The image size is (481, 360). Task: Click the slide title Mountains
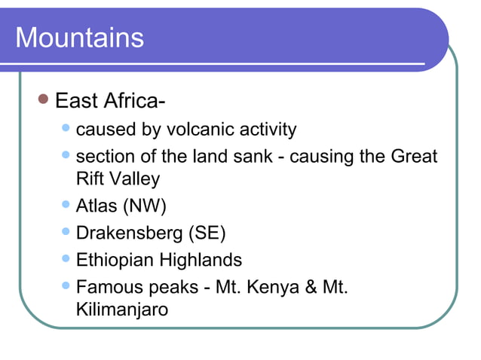pyautogui.click(x=79, y=38)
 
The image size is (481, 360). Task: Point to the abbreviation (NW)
pyautogui.click(x=145, y=205)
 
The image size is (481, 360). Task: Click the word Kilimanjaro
pyautogui.click(x=121, y=309)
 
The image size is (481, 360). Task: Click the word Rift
pyautogui.click(x=90, y=178)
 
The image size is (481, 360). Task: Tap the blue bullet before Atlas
pyautogui.click(x=66, y=203)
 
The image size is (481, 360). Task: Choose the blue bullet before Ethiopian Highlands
pyautogui.click(x=66, y=259)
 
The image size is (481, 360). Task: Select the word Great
pyautogui.click(x=414, y=157)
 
